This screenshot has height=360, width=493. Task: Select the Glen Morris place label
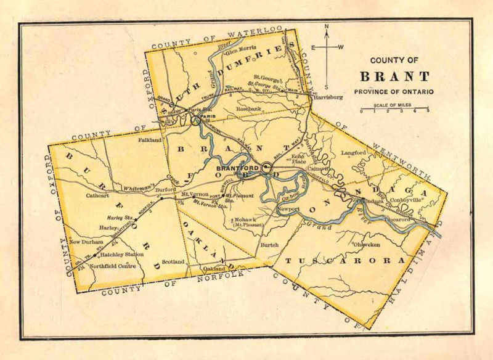(239, 49)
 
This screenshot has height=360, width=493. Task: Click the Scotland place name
(173, 261)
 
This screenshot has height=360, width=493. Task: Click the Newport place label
(288, 210)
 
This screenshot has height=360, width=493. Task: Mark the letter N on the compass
(327, 27)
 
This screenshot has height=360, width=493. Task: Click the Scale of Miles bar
(395, 108)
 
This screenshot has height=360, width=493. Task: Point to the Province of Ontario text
(393, 91)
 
